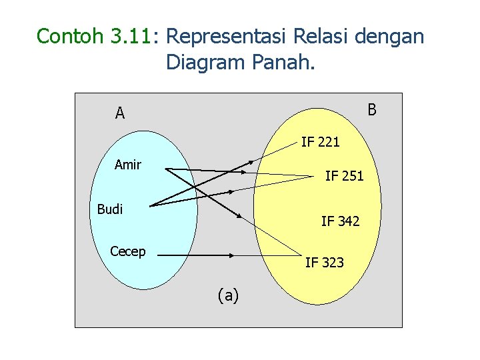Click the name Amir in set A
127,164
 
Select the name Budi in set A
110,209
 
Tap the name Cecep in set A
128,251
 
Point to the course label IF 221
320,141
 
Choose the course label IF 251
344,176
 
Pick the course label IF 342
340,221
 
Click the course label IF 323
325,263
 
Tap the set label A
120,113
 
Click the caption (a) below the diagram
228,295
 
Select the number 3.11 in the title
129,36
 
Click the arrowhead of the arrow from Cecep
233,255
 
